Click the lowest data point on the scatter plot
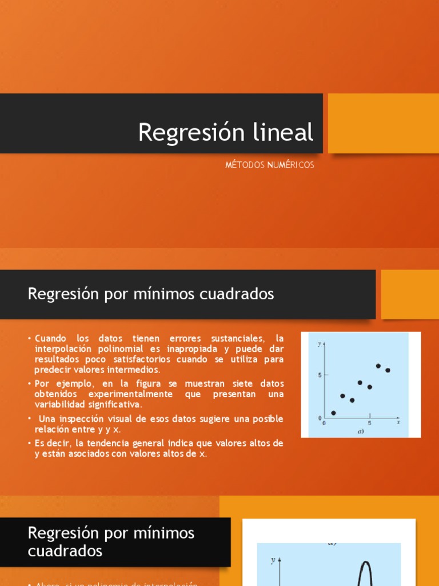334,413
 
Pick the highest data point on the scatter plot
378,366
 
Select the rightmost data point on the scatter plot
388,370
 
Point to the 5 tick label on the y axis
320,375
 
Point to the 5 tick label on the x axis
369,423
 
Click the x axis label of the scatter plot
398,422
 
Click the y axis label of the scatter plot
320,344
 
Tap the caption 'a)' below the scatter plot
361,431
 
